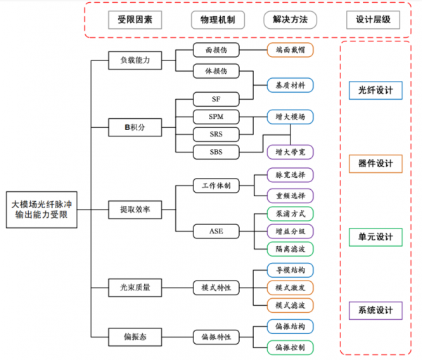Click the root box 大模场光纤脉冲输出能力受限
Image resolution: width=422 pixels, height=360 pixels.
tap(41, 209)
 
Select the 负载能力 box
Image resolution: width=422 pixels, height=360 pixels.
tap(129, 60)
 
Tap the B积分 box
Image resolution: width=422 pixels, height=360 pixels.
tap(129, 128)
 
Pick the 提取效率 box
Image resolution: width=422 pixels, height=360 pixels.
tap(129, 209)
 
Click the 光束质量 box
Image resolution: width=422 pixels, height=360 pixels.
tap(129, 287)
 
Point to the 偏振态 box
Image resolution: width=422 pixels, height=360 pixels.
tap(129, 336)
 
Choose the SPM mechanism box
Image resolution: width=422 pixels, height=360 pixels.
tap(216, 116)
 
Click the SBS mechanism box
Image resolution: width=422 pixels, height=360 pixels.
tap(216, 151)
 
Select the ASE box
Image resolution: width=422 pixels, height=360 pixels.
tap(216, 231)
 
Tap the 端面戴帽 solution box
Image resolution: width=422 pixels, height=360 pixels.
tap(290, 49)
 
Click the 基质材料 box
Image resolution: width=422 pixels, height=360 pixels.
tap(290, 85)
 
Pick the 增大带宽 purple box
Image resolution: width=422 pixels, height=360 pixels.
tap(290, 151)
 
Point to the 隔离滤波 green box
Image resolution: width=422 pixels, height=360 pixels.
tap(290, 248)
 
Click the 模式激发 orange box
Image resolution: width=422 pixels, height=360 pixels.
tap(290, 288)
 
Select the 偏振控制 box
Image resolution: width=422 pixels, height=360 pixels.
tap(290, 347)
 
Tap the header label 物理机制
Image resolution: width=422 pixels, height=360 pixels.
tap(216, 19)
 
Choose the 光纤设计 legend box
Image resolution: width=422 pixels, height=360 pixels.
tap(376, 91)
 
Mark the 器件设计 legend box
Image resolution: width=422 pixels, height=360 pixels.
tap(376, 164)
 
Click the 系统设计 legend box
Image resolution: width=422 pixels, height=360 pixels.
tap(376, 310)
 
